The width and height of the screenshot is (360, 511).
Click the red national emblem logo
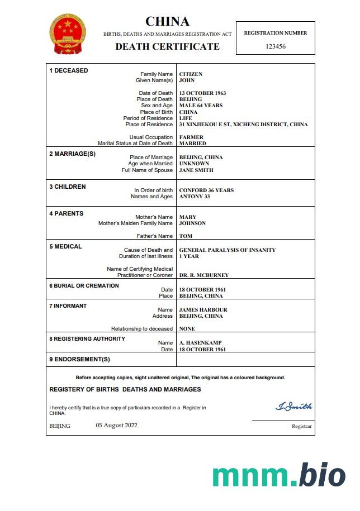pyautogui.click(x=68, y=34)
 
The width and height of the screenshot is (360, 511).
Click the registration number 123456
pyautogui.click(x=276, y=46)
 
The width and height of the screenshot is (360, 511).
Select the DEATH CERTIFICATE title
pyautogui.click(x=167, y=46)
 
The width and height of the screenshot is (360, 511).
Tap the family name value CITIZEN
pyautogui.click(x=191, y=74)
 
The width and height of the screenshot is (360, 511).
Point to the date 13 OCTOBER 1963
pyautogui.click(x=202, y=93)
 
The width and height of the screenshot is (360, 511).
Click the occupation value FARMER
pyautogui.click(x=191, y=137)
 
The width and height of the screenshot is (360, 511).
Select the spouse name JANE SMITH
pyautogui.click(x=196, y=170)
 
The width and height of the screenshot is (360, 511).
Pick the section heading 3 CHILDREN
pyautogui.click(x=68, y=187)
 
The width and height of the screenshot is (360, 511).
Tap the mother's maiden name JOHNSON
pyautogui.click(x=192, y=223)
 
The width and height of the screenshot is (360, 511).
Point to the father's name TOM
pyautogui.click(x=186, y=236)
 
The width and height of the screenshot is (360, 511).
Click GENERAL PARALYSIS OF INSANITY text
pyautogui.click(x=227, y=250)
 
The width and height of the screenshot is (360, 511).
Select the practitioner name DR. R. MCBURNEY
pyautogui.click(x=203, y=275)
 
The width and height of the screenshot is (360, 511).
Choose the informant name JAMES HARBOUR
pyautogui.click(x=203, y=310)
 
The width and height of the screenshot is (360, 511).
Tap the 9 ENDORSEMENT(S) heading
pyautogui.click(x=79, y=359)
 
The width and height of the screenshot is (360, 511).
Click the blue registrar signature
pyautogui.click(x=294, y=406)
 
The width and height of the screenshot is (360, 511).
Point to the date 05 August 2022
pyautogui.click(x=116, y=426)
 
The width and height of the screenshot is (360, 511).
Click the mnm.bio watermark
pyautogui.click(x=278, y=475)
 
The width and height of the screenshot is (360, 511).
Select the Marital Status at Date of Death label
pyautogui.click(x=135, y=144)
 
